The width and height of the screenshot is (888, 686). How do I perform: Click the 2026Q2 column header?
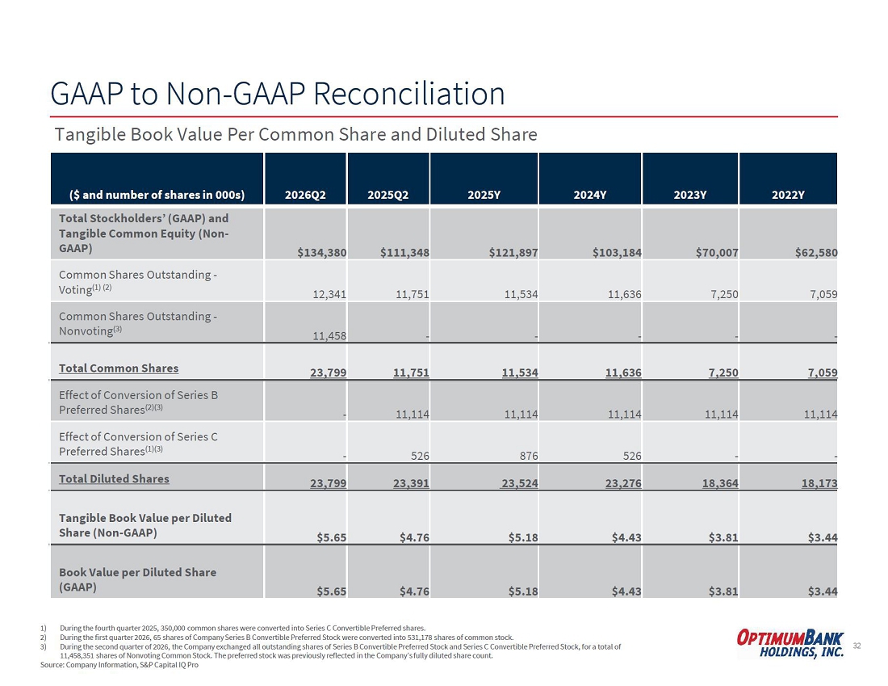click(x=305, y=195)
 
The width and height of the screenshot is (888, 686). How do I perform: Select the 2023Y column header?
click(x=689, y=195)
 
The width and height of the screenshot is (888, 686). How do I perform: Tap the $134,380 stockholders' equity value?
click(x=321, y=252)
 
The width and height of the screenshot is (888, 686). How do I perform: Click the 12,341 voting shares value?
click(x=329, y=294)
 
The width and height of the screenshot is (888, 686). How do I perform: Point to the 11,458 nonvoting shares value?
click(x=329, y=335)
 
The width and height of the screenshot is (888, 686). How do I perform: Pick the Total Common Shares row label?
click(x=119, y=368)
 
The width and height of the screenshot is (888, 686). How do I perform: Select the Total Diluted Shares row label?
click(x=114, y=479)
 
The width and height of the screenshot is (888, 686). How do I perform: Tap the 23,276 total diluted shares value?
click(x=623, y=483)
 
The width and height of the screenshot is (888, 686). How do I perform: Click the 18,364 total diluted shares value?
click(x=720, y=483)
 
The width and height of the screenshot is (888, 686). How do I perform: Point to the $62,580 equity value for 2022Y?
click(x=816, y=252)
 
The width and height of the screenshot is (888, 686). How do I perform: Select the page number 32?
click(x=857, y=646)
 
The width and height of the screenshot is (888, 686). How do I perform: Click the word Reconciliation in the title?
click(x=409, y=94)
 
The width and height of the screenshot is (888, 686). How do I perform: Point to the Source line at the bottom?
click(x=119, y=664)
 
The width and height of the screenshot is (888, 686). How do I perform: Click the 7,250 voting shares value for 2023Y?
click(x=724, y=294)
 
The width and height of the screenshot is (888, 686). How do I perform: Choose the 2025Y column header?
click(x=484, y=195)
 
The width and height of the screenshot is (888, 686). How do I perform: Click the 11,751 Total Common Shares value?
click(x=411, y=372)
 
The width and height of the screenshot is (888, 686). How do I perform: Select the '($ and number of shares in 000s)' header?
click(x=157, y=195)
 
